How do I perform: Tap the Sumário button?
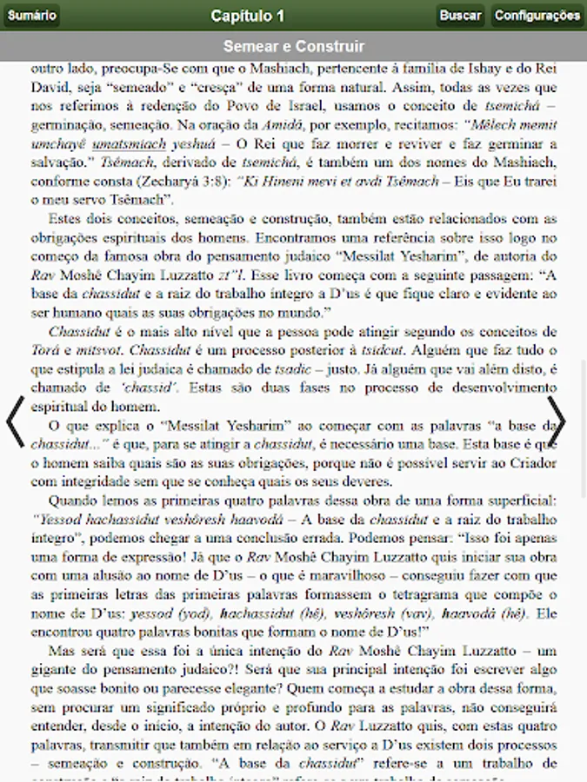tap(32, 16)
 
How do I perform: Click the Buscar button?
tap(460, 16)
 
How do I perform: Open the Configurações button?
tap(537, 16)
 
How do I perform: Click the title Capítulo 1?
tap(247, 16)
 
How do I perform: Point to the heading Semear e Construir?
tap(293, 46)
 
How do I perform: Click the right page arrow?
tap(557, 421)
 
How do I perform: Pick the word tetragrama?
tap(429, 596)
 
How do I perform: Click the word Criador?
tap(532, 462)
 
